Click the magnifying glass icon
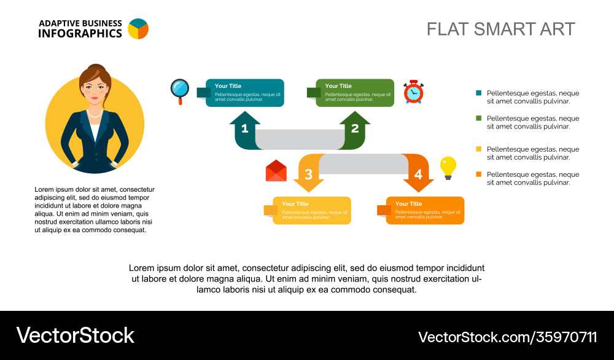pyautogui.click(x=180, y=90)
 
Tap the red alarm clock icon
pyautogui.click(x=413, y=92)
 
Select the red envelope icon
pyautogui.click(x=276, y=171)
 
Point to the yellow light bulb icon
pyautogui.click(x=448, y=167)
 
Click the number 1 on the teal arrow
pyautogui.click(x=244, y=128)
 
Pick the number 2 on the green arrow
pyautogui.click(x=355, y=128)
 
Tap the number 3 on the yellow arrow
pyautogui.click(x=308, y=174)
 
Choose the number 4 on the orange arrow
pyautogui.click(x=418, y=174)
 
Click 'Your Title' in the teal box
pyautogui.click(x=228, y=86)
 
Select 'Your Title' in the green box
pyautogui.click(x=338, y=86)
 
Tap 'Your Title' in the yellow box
pyautogui.click(x=295, y=204)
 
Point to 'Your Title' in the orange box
pyautogui.click(x=408, y=204)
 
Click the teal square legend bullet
pyautogui.click(x=479, y=93)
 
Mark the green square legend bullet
pyautogui.click(x=479, y=118)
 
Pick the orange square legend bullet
pyautogui.click(x=479, y=174)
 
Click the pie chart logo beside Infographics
pyautogui.click(x=138, y=29)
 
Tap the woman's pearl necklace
pyautogui.click(x=94, y=113)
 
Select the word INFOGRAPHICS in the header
pyautogui.click(x=80, y=34)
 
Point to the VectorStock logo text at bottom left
pyautogui.click(x=75, y=335)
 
